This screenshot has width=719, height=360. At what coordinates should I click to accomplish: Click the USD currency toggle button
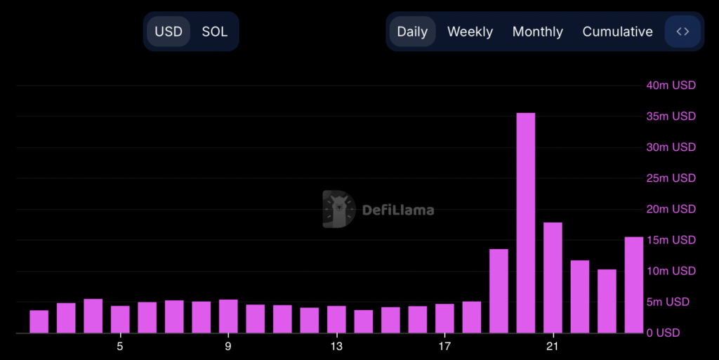[169, 32]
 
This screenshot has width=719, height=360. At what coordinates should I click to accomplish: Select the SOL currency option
[214, 32]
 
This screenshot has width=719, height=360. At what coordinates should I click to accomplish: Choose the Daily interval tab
[412, 32]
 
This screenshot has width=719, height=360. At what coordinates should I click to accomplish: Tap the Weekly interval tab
[470, 32]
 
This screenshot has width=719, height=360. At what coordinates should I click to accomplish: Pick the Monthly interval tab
[537, 32]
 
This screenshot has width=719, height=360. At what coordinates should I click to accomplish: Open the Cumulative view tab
[617, 32]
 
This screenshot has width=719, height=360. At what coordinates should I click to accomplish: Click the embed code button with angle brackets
[682, 32]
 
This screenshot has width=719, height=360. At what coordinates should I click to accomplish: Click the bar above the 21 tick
[553, 277]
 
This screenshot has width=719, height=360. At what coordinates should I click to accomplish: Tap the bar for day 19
[499, 291]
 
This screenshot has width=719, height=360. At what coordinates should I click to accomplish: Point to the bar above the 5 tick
[120, 319]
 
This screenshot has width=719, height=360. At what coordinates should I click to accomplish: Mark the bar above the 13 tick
[336, 319]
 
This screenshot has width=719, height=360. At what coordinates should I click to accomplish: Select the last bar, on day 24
[634, 284]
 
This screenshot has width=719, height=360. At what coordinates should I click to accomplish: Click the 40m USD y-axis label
[671, 86]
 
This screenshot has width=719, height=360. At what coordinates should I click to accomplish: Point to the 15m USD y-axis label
[671, 240]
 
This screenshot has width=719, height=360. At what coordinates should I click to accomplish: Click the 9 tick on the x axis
[228, 346]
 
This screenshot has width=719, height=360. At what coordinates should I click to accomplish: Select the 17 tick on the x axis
[444, 346]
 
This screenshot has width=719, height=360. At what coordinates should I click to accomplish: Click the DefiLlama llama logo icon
[339, 209]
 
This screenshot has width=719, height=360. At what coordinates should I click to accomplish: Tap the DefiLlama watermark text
[397, 210]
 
